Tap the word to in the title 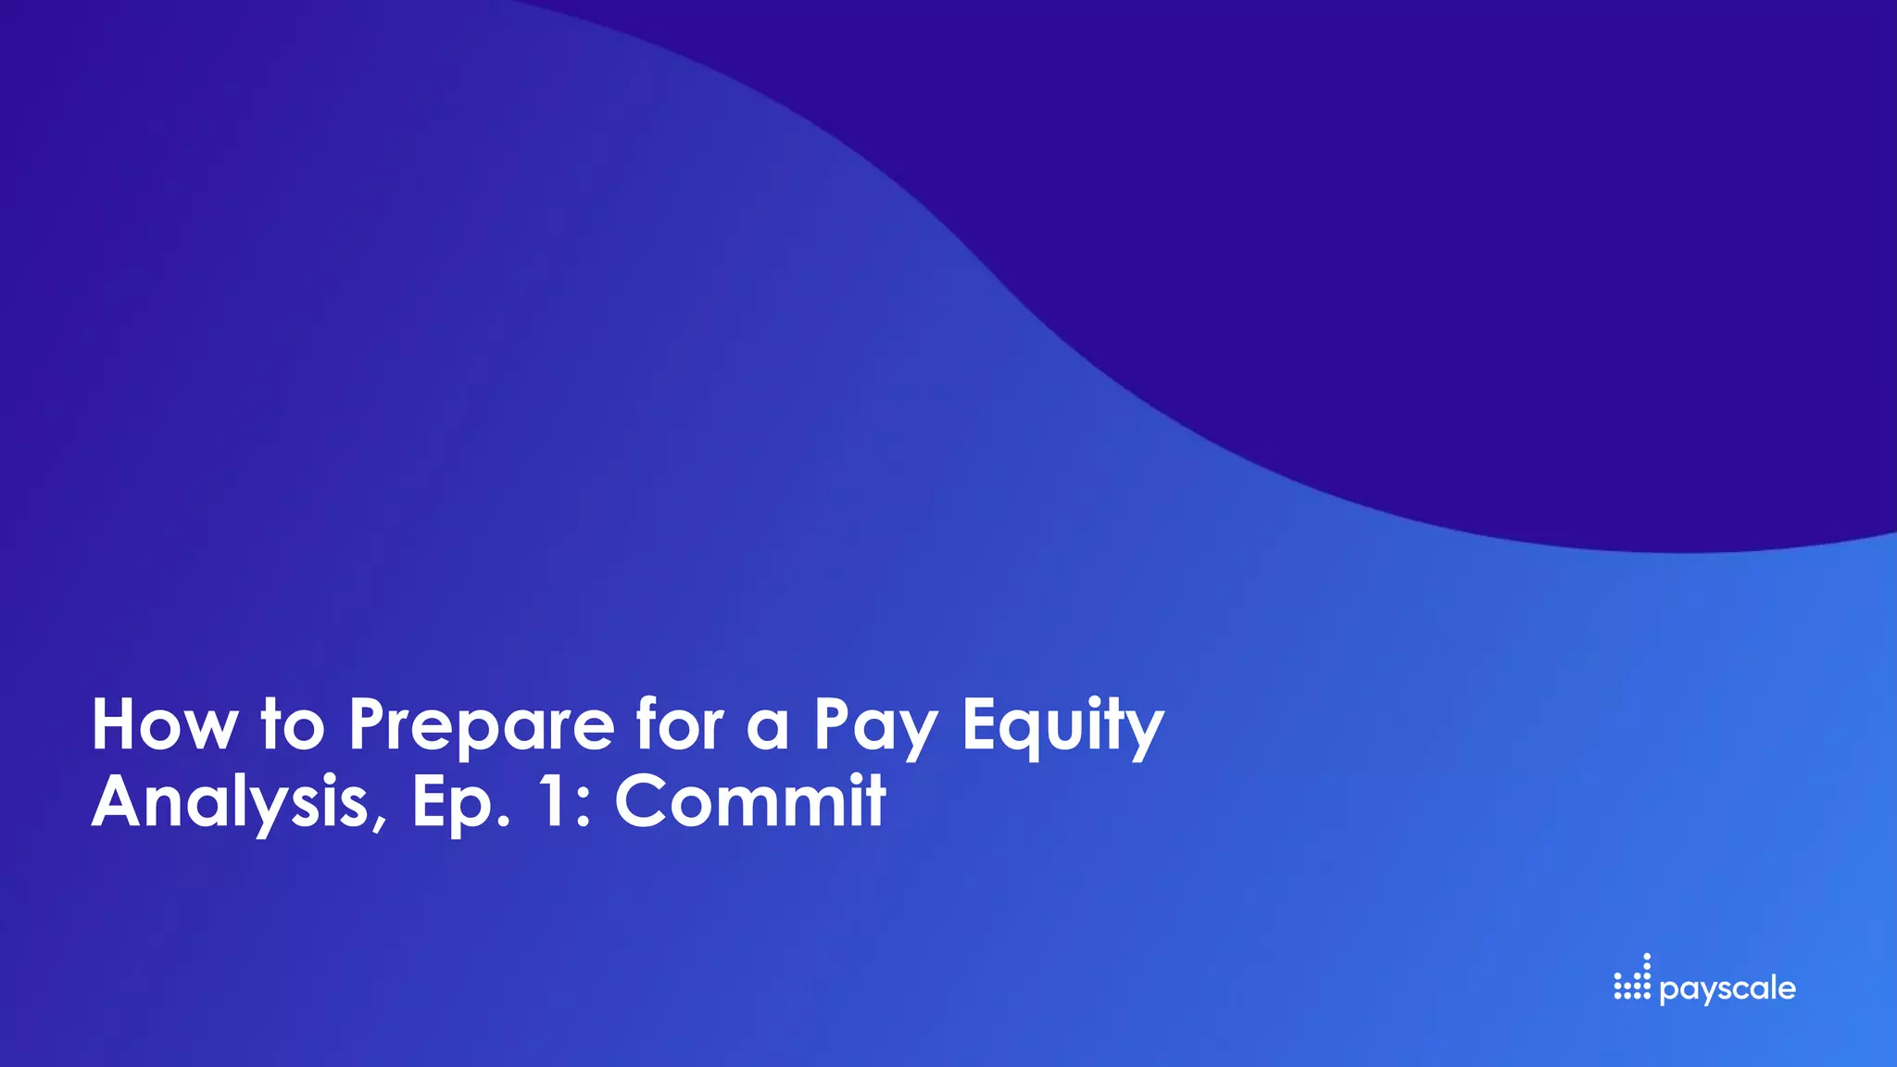pyautogui.click(x=293, y=725)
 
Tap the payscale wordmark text pyautogui.click(x=1727, y=990)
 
